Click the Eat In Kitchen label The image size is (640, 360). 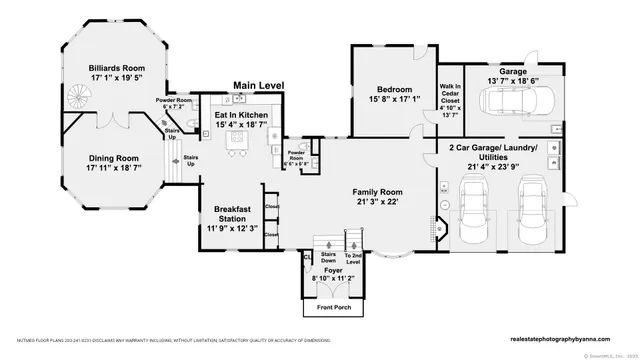[x=241, y=116]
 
